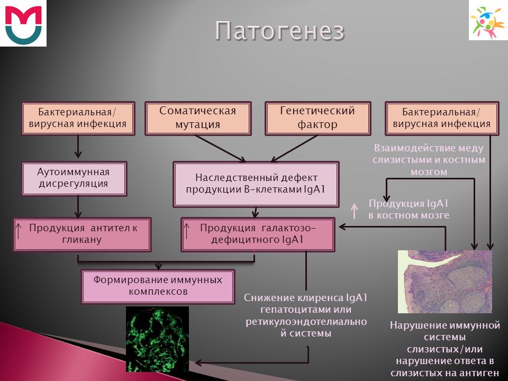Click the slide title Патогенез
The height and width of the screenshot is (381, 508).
[x=279, y=31]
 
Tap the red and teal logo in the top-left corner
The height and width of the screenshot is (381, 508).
[x=23, y=23]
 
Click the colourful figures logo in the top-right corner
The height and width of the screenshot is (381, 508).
[x=488, y=20]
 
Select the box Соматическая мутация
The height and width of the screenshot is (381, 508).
[x=198, y=118]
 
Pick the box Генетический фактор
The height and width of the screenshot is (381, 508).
[x=318, y=118]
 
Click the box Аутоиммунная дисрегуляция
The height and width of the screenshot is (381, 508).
[x=74, y=178]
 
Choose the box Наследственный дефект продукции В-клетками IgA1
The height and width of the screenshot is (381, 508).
[x=256, y=184]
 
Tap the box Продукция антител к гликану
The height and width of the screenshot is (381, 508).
[x=82, y=234]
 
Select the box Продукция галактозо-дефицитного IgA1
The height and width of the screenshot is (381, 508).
[x=258, y=234]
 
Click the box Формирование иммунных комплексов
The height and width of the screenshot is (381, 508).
[x=158, y=286]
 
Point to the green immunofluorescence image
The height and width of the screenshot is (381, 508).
[x=158, y=339]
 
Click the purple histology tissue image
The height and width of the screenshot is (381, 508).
[x=445, y=282]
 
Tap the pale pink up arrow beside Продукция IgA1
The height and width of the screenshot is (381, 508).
[x=355, y=211]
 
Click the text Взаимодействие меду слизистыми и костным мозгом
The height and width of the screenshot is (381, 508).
[x=429, y=160]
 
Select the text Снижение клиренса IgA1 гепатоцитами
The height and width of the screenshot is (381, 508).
[x=305, y=303]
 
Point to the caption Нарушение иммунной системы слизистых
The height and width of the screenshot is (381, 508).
[x=444, y=337]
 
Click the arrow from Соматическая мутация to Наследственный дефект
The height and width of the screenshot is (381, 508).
[x=220, y=148]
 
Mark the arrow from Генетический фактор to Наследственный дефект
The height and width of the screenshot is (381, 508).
[x=294, y=148]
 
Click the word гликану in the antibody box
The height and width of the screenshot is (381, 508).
[x=81, y=240]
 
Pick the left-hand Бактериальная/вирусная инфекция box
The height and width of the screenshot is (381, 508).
[x=78, y=118]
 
